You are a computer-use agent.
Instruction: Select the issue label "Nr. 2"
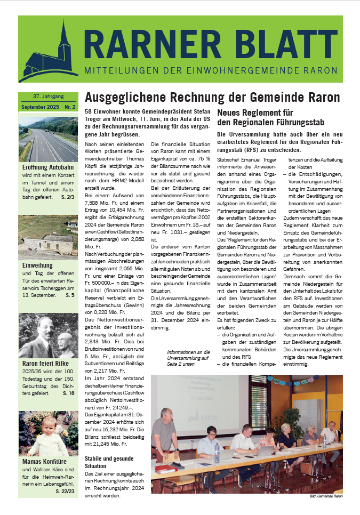coord(70,107)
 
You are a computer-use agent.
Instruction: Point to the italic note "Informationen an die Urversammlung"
coord(188,356)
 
